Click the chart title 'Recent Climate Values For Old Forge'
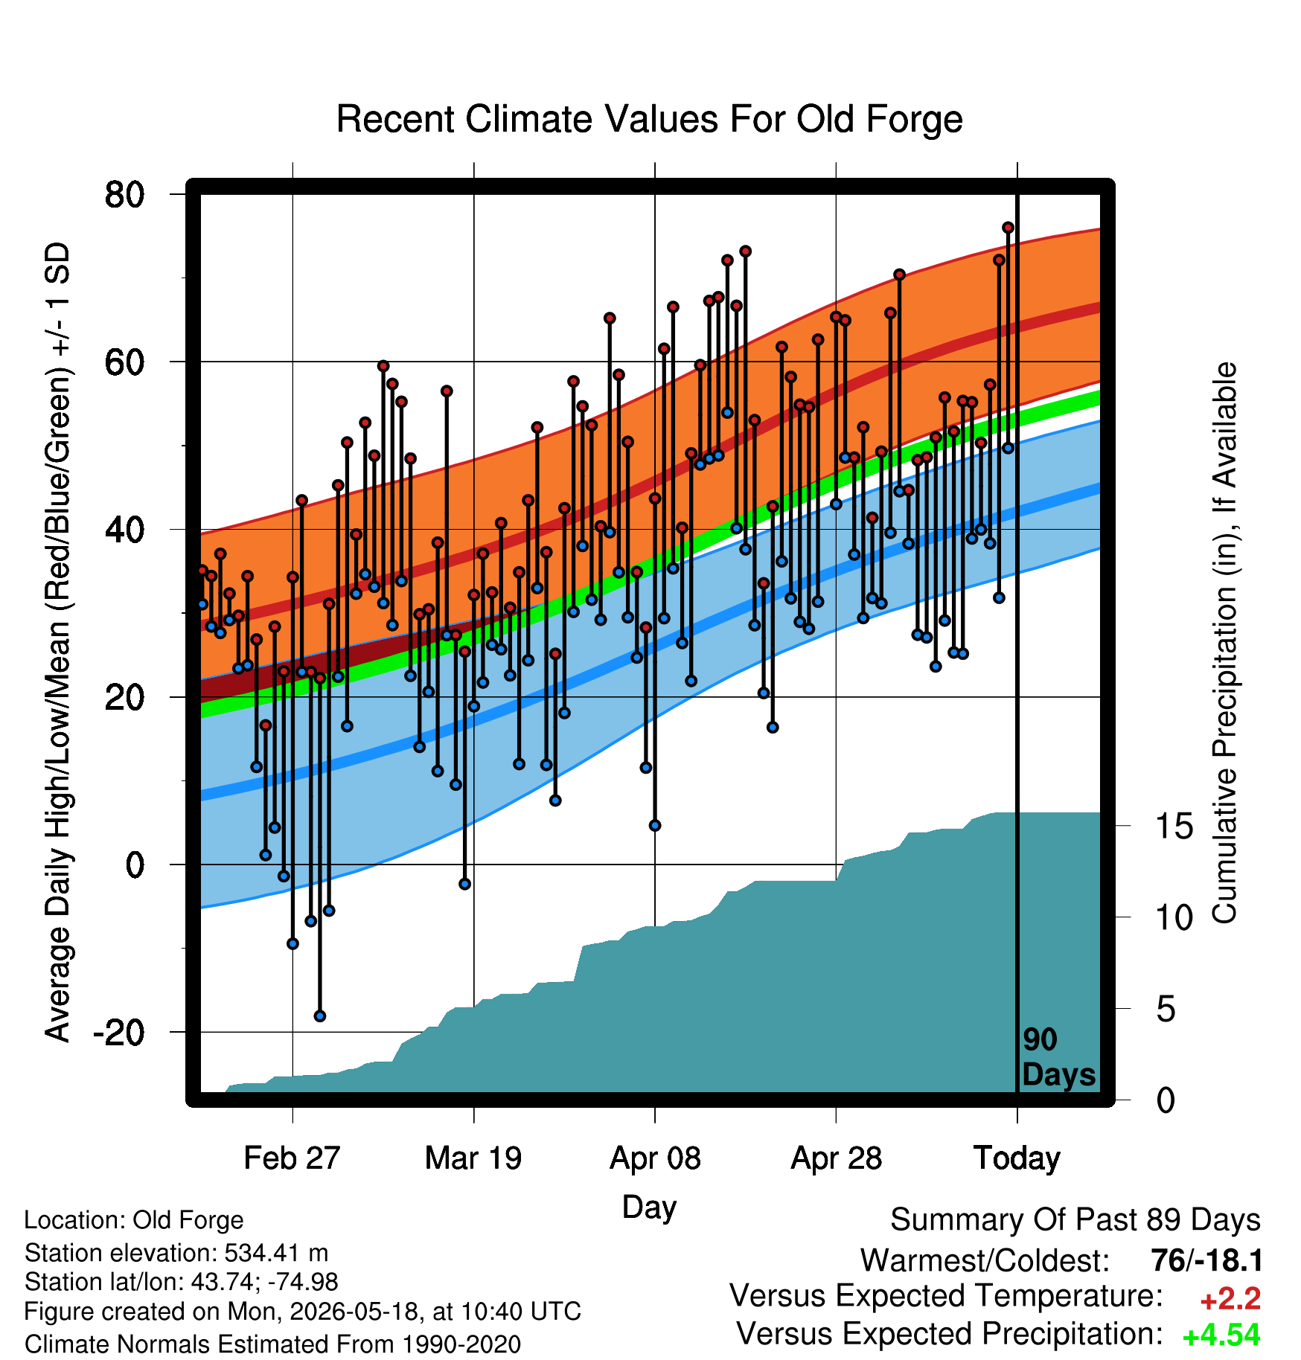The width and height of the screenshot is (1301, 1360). point(649,119)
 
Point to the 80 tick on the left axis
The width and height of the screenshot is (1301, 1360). point(124,195)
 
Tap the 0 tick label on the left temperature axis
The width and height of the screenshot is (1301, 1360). point(135,865)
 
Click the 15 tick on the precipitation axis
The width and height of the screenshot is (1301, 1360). point(1174,826)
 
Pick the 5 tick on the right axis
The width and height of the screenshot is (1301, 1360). point(1166,1009)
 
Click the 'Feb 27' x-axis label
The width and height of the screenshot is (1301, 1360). point(292,1158)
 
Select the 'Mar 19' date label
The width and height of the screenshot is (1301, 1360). point(473,1158)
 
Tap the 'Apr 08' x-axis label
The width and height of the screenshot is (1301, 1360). point(655,1158)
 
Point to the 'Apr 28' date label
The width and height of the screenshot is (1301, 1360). point(836,1158)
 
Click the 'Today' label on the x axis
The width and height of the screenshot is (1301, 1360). point(1017,1158)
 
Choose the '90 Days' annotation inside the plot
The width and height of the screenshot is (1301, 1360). point(1058,1057)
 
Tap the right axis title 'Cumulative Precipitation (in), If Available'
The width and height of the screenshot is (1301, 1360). point(1224,643)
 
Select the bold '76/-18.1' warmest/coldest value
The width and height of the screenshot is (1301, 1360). point(1206,1260)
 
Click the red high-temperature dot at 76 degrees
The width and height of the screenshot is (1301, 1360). point(1008,228)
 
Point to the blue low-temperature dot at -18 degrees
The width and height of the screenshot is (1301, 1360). point(320,1016)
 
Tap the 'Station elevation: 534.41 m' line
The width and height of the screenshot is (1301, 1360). point(176,1253)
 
